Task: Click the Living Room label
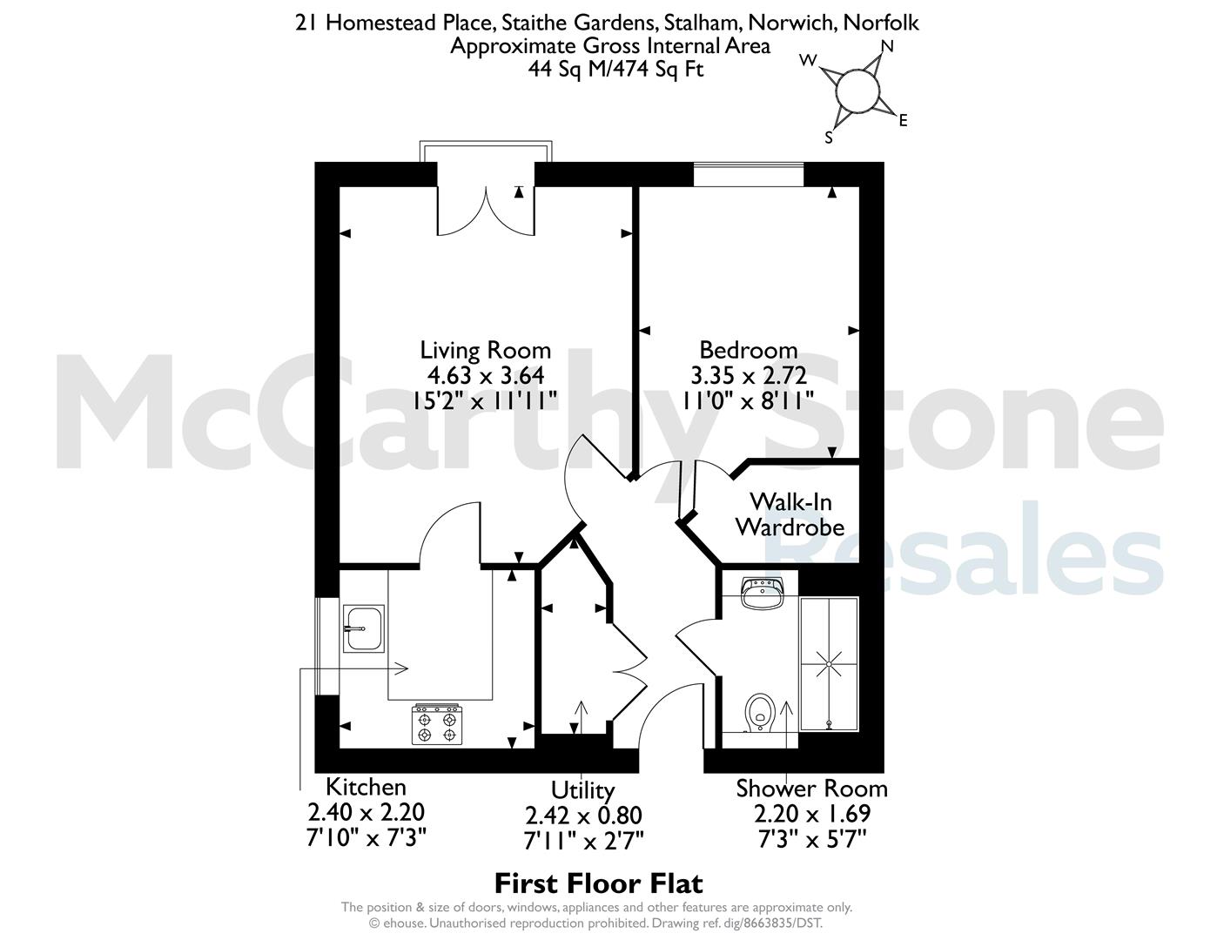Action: (486, 351)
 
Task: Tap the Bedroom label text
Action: (749, 351)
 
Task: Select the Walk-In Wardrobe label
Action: (790, 514)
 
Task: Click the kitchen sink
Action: (364, 628)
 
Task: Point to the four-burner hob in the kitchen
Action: (437, 724)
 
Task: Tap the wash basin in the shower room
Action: (763, 594)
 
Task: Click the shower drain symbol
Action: (829, 665)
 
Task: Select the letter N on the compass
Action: (888, 46)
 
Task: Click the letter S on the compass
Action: (829, 138)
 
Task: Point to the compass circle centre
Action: (857, 90)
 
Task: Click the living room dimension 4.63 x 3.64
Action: (486, 375)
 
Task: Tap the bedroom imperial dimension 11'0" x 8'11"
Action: (749, 400)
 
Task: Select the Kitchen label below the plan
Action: (366, 787)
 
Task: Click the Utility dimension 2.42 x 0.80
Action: (583, 816)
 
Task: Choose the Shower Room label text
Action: (811, 789)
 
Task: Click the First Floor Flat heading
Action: (598, 884)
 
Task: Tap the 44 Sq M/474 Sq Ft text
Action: (615, 69)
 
